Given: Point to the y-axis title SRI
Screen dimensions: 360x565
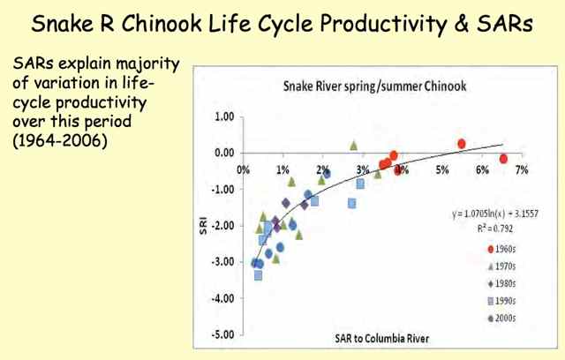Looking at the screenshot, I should point(203,228).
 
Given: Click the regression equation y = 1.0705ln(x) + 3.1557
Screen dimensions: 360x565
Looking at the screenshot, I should point(494,212).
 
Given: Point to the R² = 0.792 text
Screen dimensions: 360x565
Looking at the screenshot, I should point(494,225).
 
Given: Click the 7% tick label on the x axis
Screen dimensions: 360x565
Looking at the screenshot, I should point(521,166).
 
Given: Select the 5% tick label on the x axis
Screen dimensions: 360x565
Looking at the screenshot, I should point(441,166).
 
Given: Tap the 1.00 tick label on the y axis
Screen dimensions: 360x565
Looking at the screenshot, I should point(223,116).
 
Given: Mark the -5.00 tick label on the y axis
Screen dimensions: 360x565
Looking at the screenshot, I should point(222,334).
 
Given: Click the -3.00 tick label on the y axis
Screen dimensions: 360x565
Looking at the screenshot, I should point(222,262).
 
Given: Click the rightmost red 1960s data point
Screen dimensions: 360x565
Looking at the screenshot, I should point(503,159).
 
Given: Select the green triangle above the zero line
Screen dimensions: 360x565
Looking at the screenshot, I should point(354,145).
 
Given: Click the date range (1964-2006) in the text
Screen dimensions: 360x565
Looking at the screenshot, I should point(60,139).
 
